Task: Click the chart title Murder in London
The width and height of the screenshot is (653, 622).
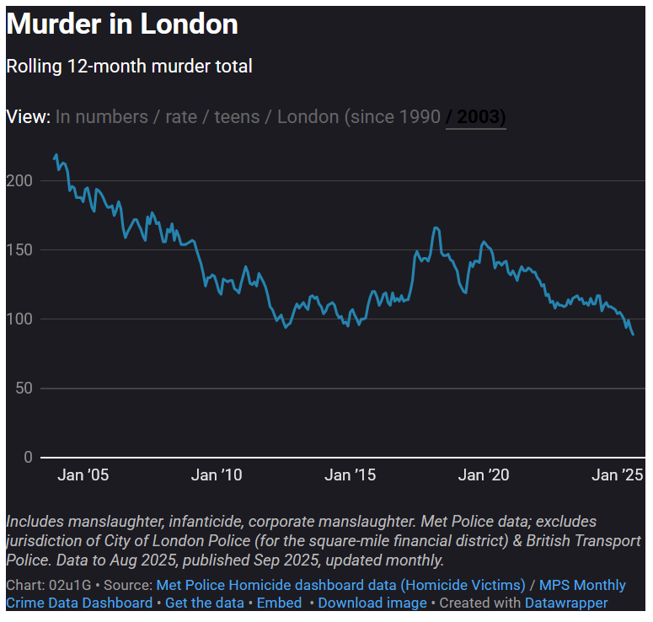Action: coord(122,24)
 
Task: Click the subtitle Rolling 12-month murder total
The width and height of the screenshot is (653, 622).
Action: coord(129,66)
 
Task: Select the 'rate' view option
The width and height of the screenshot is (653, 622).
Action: coord(181,116)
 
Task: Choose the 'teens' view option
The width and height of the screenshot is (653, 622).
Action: coord(237,116)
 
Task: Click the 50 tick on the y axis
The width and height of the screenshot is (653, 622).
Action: coord(24,389)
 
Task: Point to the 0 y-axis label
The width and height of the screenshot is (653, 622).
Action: coord(28,458)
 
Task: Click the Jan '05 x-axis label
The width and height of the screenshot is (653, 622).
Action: coord(83,475)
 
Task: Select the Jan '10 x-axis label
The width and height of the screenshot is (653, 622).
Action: coord(217,475)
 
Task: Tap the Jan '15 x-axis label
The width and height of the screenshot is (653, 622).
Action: coord(351,475)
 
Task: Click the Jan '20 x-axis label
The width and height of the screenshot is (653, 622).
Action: coord(484,475)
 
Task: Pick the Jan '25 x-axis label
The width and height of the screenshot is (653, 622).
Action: coord(618,475)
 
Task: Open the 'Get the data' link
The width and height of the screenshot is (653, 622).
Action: coord(205,603)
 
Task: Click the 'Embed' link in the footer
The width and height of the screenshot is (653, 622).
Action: coord(279,603)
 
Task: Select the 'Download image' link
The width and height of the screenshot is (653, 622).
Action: coord(372,603)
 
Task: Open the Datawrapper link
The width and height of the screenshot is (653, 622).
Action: coord(566,603)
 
